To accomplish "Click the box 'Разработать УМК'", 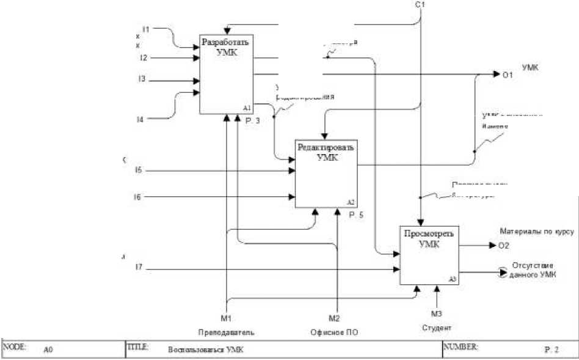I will pos(226,74).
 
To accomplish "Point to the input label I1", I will pos(146,29).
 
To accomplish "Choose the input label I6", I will pos(138,197).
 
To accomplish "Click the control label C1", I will pos(420,5).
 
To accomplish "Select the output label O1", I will pos(507,75).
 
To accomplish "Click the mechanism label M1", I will pos(226,318).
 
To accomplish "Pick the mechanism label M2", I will pos(334,318).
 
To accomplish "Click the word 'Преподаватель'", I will pos(226,332).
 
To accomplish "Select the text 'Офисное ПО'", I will pos(334,332).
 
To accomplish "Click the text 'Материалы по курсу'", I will pos(536,232).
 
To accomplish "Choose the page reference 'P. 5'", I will pos(357,215).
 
